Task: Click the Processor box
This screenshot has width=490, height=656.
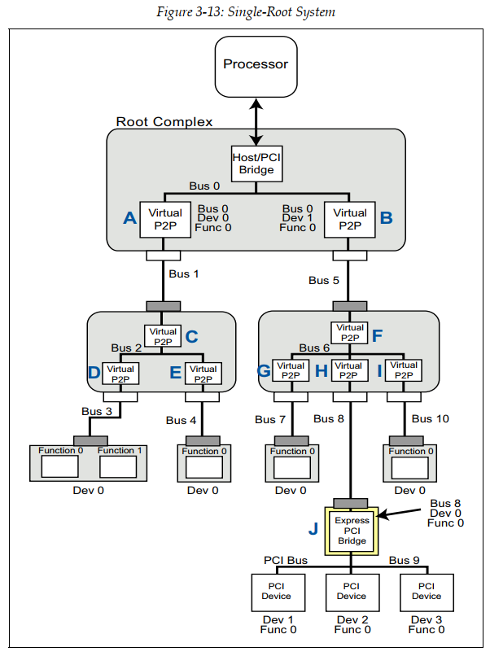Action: point(256,64)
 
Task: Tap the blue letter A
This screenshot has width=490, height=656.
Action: point(129,217)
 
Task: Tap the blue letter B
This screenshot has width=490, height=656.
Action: point(386,217)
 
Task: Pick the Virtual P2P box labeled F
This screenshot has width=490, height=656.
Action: point(349,333)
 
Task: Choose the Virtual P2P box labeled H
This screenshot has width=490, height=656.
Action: point(349,371)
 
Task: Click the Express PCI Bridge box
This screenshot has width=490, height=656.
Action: point(352,531)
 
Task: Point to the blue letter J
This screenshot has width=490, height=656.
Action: point(313,529)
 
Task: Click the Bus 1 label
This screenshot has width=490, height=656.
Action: point(184,273)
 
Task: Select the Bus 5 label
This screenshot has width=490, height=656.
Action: point(323,280)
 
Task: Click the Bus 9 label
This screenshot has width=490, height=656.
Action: point(404,560)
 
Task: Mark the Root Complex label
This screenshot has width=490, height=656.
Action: point(164,122)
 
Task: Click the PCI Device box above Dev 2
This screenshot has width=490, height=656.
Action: point(352,591)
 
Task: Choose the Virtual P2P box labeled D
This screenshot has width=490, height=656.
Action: point(120,374)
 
